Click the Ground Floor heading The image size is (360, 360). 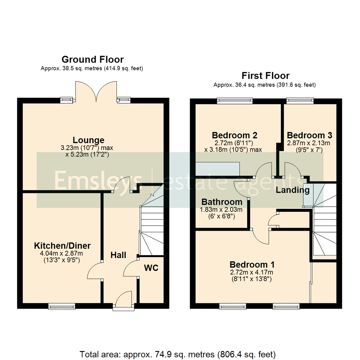pos(93,60)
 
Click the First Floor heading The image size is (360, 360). pos(266,76)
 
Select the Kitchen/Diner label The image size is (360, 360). pos(62,246)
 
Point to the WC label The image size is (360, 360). pos(151,268)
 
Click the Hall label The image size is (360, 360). pos(118,255)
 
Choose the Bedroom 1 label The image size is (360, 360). pos(252,265)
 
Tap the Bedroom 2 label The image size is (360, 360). pos(234,136)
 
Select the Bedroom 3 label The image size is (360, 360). pos(309,136)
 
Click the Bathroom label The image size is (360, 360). pos(222,202)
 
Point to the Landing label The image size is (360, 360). pos(293,190)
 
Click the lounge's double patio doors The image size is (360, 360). pos(96,91)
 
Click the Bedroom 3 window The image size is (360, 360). pos(300,99)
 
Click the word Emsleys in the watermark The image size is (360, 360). pos(98,180)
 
